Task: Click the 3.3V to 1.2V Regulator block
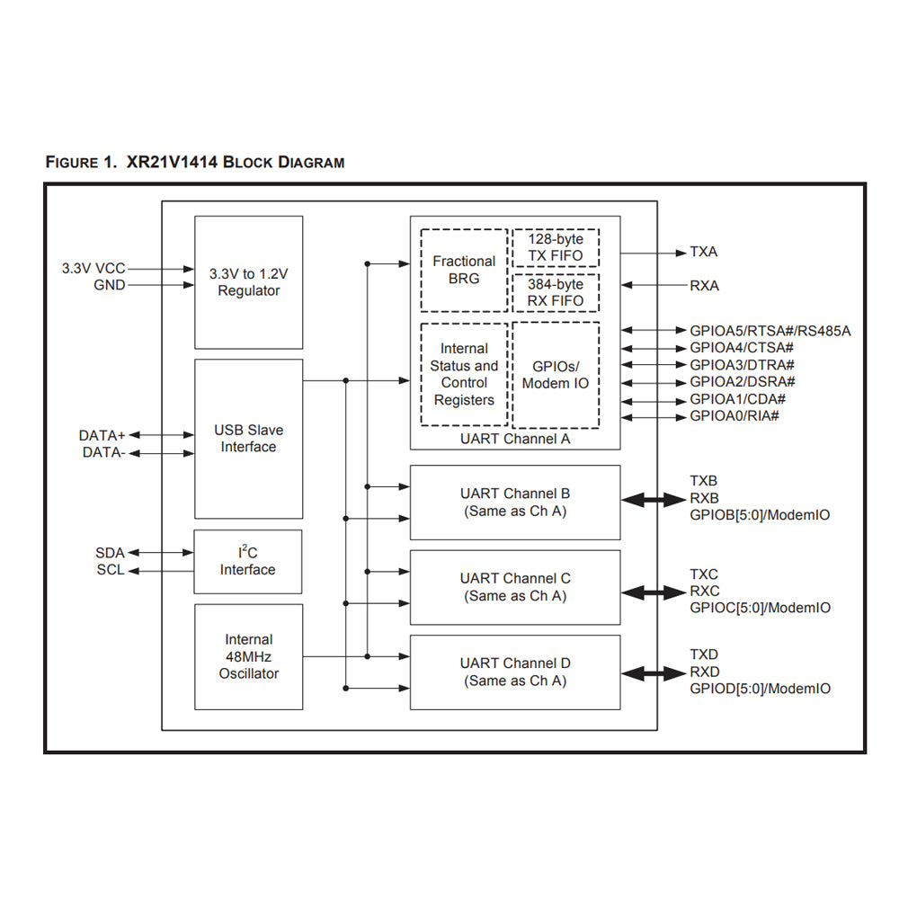249,282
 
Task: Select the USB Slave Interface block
249,439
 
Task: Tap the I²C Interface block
248,562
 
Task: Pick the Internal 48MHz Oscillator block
249,657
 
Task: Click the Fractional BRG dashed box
464,270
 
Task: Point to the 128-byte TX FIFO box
556,247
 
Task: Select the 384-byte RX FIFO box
556,292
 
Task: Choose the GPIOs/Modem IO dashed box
556,375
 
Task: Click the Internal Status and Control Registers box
464,375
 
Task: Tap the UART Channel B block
515,503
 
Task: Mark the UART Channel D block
515,672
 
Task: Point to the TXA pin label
703,252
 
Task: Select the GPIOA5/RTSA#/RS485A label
770,331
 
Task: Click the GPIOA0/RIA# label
734,416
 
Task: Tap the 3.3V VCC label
93,268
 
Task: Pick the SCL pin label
111,570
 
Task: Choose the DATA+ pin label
102,436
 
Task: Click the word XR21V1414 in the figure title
167,163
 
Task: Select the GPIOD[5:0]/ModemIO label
760,689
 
